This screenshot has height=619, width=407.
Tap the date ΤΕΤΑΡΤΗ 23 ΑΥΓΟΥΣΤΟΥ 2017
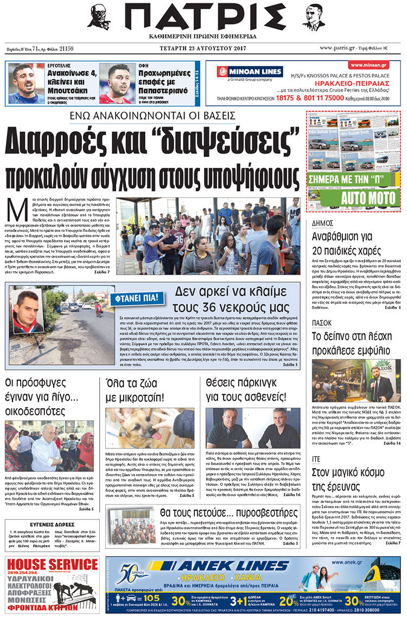click(203, 48)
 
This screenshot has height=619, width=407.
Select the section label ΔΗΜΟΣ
click(326, 223)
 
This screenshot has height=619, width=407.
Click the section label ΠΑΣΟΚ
click(323, 323)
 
